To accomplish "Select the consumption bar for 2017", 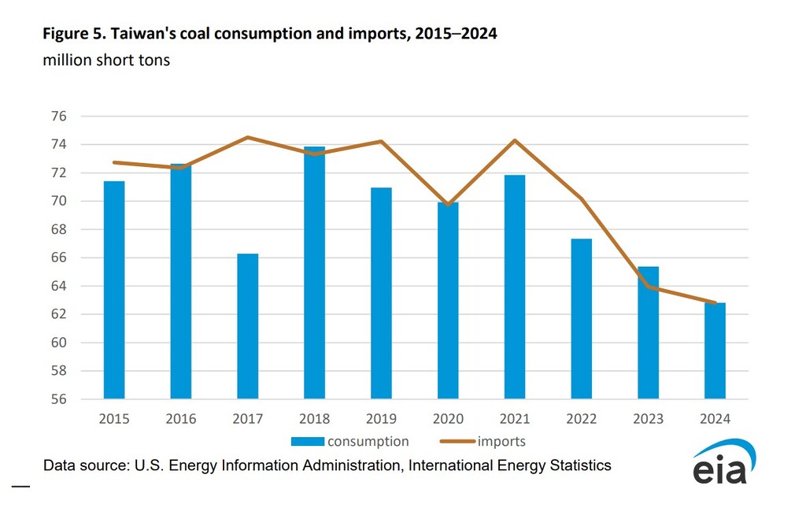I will coord(248,326).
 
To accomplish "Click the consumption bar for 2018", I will coord(315,273).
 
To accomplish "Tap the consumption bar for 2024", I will coord(715,350).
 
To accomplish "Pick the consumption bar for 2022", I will coord(582,318).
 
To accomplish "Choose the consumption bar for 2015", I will coord(114,290).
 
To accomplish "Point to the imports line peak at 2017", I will coord(248,138).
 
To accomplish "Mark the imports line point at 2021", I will coord(515,140).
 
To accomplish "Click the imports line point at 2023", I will coord(649,287).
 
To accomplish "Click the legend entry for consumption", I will coord(349,441).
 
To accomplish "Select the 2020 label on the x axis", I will coord(448,419).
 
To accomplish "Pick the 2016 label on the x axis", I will coord(181,419).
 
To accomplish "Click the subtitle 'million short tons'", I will coord(106,60).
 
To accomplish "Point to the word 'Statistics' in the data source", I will coord(577,465).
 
